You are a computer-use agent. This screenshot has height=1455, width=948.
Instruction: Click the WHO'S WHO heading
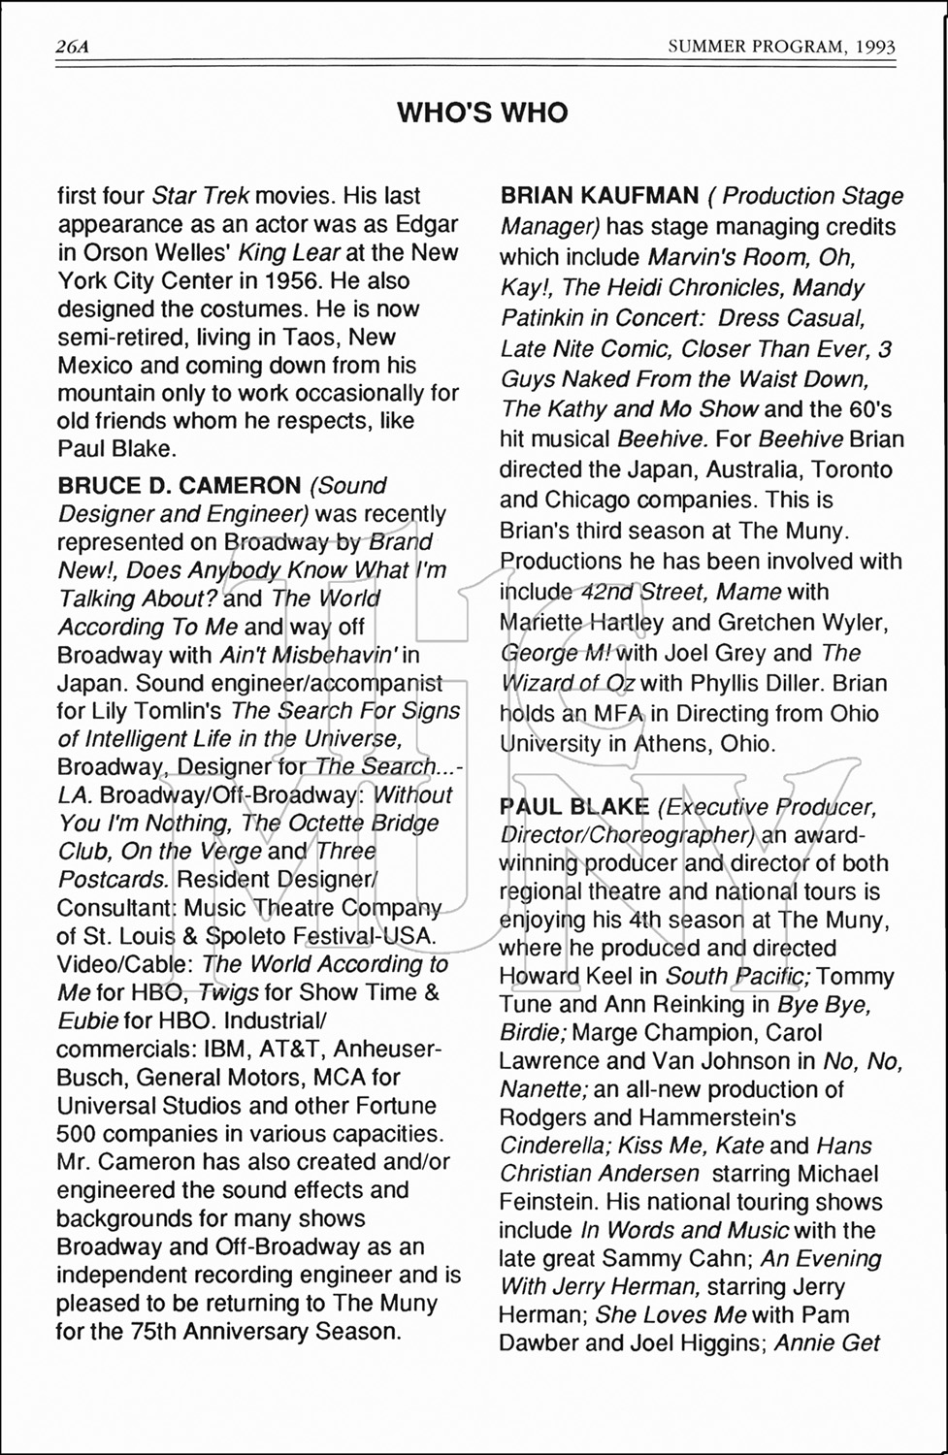coord(482,113)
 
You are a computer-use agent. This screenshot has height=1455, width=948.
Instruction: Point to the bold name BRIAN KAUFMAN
coord(599,196)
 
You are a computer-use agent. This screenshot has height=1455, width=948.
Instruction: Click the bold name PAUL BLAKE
coord(574,807)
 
